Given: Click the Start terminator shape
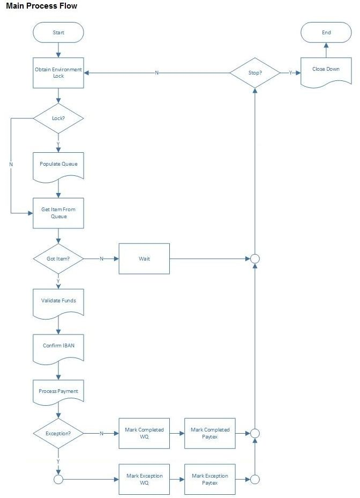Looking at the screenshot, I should point(58,32).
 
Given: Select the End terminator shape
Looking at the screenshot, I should point(326,32).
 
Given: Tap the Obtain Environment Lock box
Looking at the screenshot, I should point(58,73).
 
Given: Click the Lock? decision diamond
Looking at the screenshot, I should point(58,117).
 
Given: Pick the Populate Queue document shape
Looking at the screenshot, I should point(58,163).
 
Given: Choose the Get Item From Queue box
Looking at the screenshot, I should point(58,213).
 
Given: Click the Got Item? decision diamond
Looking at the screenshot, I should point(58,258).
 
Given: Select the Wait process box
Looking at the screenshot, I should point(144,258).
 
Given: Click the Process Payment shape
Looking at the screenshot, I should point(58,392).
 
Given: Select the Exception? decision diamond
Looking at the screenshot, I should point(58,433).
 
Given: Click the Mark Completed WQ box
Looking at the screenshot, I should point(144,433).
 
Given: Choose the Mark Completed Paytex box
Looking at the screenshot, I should point(210,433).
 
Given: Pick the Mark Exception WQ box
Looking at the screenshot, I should point(144,479).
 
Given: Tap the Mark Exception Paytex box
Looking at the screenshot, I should point(210,479).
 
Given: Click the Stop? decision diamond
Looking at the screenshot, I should point(255,72).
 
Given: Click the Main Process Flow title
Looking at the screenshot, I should point(42,6).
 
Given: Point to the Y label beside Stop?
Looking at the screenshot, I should point(291,72).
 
